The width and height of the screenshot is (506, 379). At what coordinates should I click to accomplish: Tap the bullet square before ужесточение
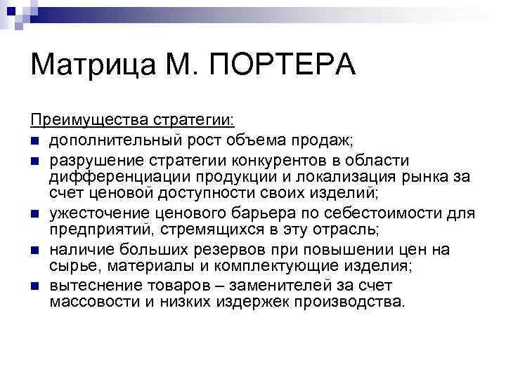pos(35,214)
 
